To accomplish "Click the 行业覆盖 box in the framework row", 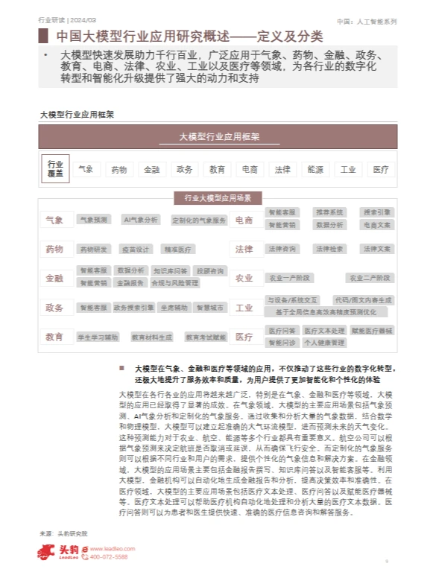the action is (x=56, y=168).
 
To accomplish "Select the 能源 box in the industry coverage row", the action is (x=315, y=169).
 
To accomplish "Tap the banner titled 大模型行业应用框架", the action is (x=218, y=137).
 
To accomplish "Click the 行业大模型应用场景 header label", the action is (x=218, y=197).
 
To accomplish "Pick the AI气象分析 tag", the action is (x=141, y=220).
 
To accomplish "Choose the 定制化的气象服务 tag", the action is (x=198, y=220).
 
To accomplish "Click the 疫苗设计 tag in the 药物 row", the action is (x=136, y=249).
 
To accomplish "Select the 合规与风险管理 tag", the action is (x=174, y=283).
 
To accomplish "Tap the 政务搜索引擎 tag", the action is (x=134, y=307).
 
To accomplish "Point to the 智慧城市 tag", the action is (x=209, y=307).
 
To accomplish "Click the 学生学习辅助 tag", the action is (x=98, y=337).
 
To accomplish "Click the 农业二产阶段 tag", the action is (x=370, y=278).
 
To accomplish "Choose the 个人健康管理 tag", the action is (x=324, y=343).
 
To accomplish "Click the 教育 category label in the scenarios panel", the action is (x=54, y=337).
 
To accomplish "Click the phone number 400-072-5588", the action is (x=108, y=556).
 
